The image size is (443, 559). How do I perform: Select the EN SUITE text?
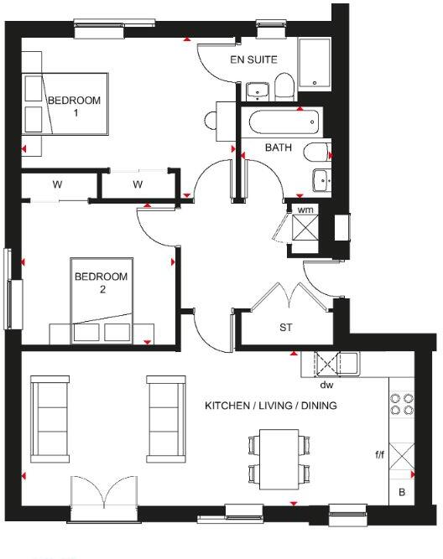(x=254, y=60)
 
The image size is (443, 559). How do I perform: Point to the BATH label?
(x=278, y=148)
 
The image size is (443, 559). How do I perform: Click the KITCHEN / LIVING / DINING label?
(x=270, y=406)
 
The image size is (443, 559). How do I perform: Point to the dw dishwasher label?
(x=326, y=386)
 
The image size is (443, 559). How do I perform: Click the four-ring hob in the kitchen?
(x=401, y=404)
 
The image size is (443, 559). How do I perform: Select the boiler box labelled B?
(x=401, y=493)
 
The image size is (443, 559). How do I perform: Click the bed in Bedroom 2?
(x=101, y=302)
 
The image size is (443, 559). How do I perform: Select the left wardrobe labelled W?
(x=57, y=184)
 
